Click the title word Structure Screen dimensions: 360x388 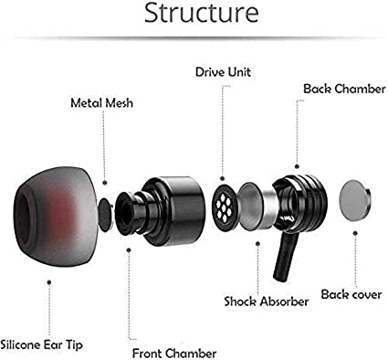pos(194,16)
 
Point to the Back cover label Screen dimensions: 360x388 pos(351,294)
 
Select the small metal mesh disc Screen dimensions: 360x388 pos(107,209)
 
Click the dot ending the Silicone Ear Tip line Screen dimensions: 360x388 pos(47,284)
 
